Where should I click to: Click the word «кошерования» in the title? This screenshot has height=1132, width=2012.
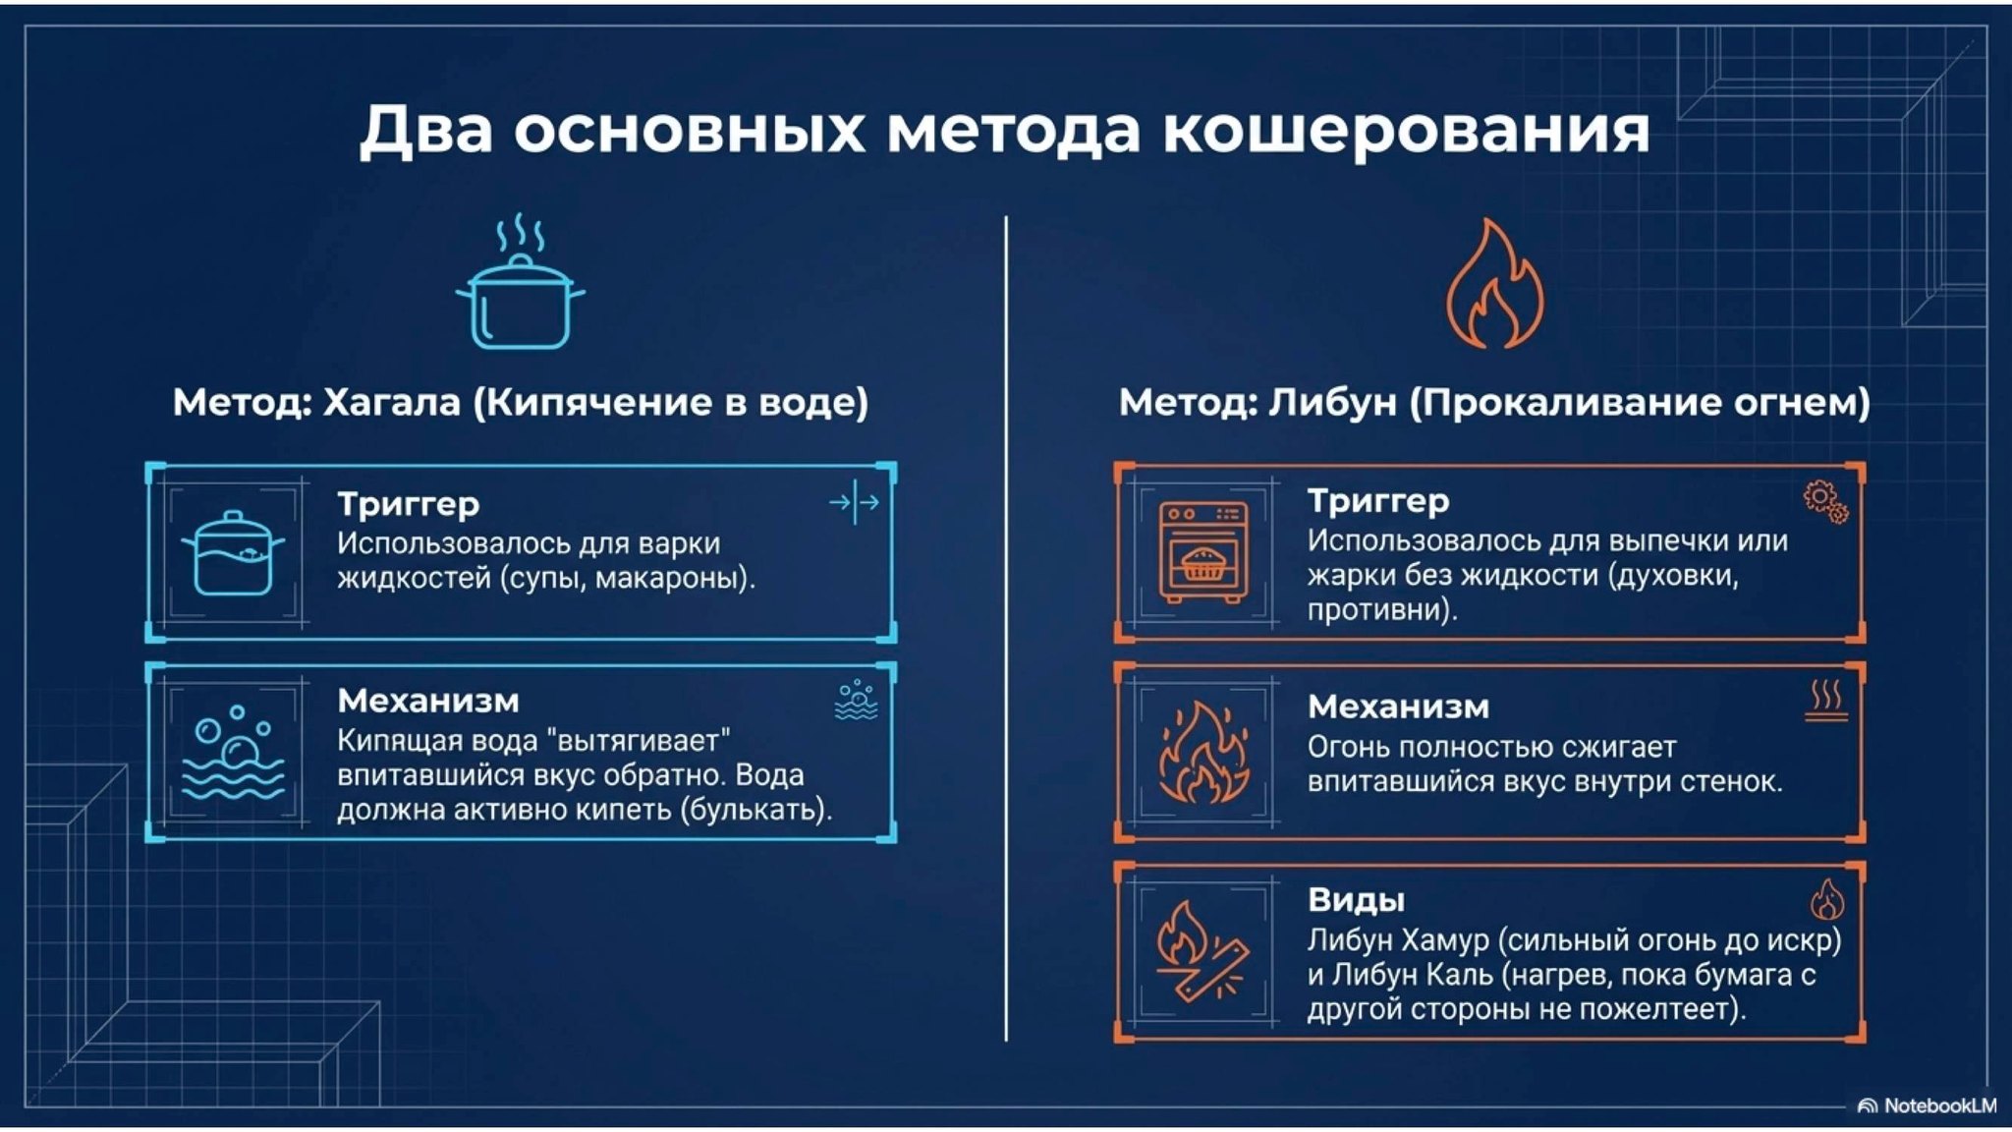(1405, 131)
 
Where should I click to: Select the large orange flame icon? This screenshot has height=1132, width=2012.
(1494, 285)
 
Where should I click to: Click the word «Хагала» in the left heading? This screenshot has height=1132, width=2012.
(391, 402)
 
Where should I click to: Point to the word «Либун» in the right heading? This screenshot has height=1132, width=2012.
(1332, 402)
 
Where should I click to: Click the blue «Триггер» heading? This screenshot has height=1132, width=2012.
(409, 504)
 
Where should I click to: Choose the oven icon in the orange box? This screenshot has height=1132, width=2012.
(1202, 552)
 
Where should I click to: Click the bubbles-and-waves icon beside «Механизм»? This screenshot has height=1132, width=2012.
(233, 752)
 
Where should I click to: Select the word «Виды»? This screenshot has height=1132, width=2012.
(1356, 899)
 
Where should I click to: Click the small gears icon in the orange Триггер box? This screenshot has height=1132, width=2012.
(1825, 501)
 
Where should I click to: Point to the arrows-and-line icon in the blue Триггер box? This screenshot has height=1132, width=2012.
(854, 502)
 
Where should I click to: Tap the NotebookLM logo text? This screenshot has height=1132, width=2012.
(1939, 1105)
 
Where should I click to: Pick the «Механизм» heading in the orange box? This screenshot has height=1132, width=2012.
(1398, 707)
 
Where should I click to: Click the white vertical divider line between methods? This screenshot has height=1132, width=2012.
(1006, 629)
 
